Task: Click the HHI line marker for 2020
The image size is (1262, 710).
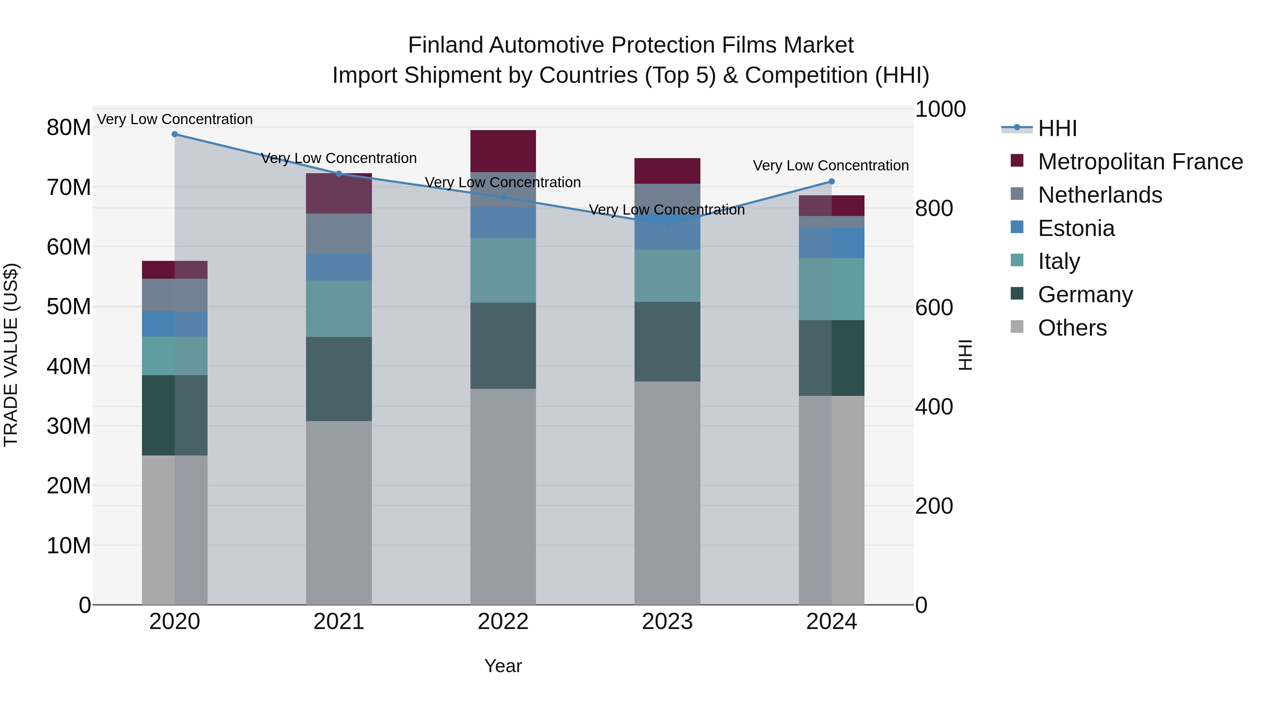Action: pyautogui.click(x=175, y=134)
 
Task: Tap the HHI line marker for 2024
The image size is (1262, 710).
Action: pyautogui.click(x=832, y=182)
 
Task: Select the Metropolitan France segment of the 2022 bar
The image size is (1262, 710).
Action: pyautogui.click(x=503, y=151)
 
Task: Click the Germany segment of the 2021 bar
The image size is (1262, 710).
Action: pyautogui.click(x=339, y=379)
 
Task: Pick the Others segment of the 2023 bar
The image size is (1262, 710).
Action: pyautogui.click(x=667, y=493)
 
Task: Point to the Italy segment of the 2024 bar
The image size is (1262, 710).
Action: pyautogui.click(x=832, y=289)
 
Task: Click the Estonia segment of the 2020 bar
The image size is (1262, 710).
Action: pyautogui.click(x=175, y=324)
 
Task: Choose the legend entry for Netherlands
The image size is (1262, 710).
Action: pyautogui.click(x=1100, y=195)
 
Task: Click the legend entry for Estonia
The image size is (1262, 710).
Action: pyautogui.click(x=1076, y=228)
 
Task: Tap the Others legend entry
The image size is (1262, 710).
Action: pyautogui.click(x=1072, y=328)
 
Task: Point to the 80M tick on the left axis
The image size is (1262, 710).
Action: pyautogui.click(x=69, y=127)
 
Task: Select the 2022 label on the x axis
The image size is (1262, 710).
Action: pyautogui.click(x=503, y=622)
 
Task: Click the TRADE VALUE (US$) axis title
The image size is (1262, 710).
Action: pyautogui.click(x=11, y=355)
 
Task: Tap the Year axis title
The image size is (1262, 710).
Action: pyautogui.click(x=503, y=666)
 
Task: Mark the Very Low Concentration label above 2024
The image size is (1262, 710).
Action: pyautogui.click(x=830, y=165)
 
